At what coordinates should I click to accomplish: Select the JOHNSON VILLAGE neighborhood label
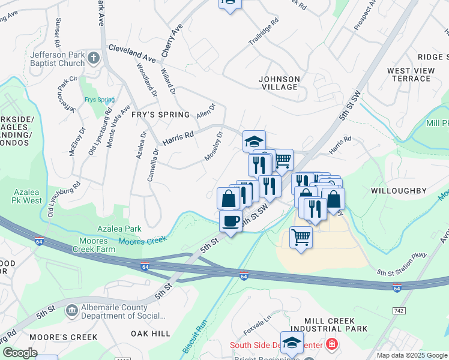tap(279, 83)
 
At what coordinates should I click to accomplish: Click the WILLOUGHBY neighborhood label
tap(399, 191)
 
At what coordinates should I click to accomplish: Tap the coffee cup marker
tap(231, 221)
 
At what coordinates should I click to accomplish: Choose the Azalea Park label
tap(119, 229)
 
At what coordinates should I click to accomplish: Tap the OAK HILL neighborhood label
tap(151, 333)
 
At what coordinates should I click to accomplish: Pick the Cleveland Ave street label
tap(131, 53)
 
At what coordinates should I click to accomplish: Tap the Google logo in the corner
tap(20, 353)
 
